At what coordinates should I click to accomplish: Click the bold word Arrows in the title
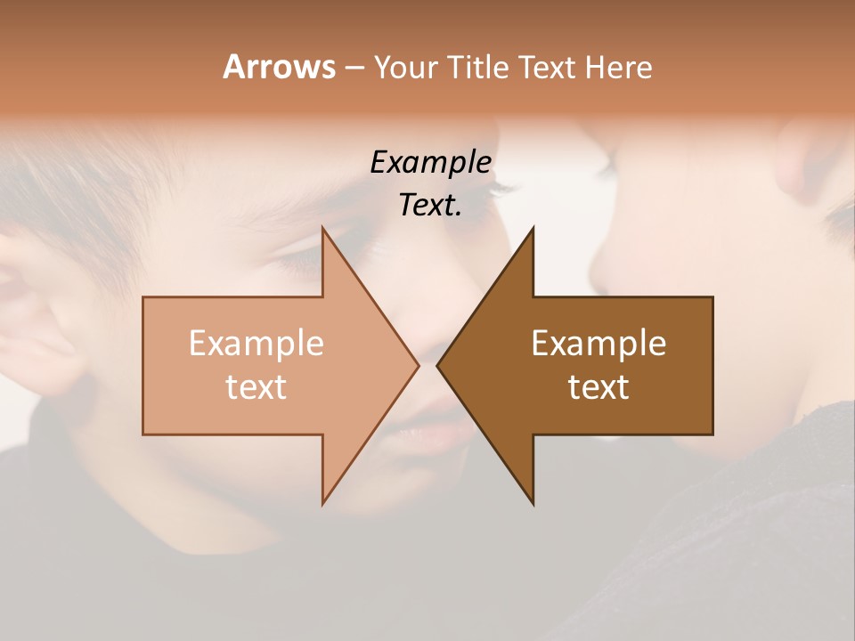[279, 67]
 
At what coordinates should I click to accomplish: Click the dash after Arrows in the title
[354, 68]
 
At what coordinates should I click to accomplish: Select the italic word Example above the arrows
[431, 162]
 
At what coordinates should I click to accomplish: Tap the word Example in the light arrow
[256, 343]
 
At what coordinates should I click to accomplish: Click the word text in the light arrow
[256, 387]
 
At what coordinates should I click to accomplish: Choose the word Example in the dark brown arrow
[598, 343]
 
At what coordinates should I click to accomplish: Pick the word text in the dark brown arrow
[598, 387]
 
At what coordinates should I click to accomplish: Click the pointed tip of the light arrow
[418, 365]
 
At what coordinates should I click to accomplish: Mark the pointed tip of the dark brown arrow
[437, 365]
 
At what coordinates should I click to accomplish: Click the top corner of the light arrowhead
[322, 228]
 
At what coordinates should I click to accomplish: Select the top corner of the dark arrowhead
[533, 228]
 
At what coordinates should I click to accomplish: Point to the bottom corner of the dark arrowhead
[533, 504]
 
